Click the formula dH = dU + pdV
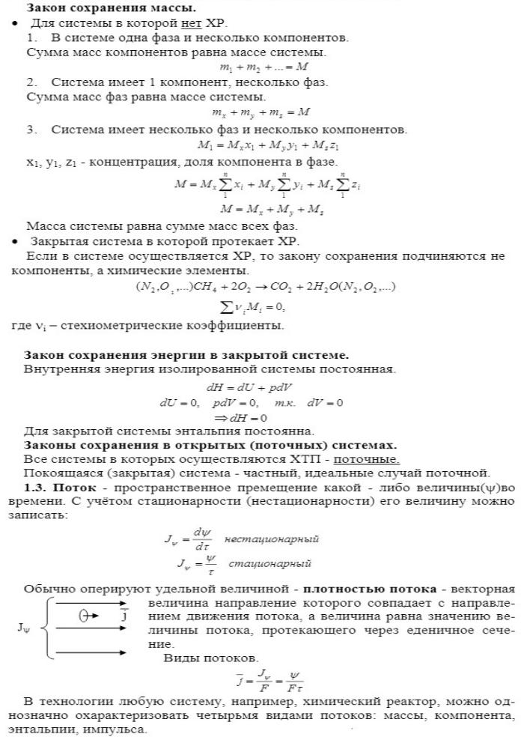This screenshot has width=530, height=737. click(x=249, y=387)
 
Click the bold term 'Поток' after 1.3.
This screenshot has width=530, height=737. click(x=76, y=488)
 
